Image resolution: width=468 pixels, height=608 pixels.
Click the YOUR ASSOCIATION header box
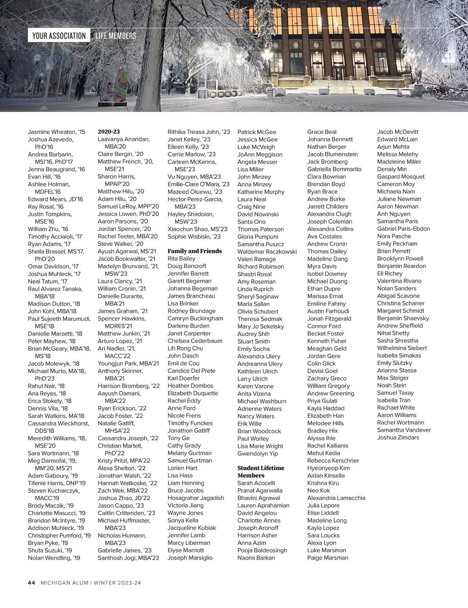59,36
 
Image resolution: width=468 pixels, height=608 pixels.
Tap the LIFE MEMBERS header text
116,36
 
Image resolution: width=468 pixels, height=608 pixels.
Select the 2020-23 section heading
108,132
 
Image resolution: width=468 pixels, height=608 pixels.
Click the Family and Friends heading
194,251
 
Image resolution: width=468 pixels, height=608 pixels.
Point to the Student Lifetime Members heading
261,471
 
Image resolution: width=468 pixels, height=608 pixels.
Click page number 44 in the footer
32,583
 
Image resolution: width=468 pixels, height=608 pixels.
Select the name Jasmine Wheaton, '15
56,132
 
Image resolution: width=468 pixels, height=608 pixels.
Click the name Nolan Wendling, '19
54,558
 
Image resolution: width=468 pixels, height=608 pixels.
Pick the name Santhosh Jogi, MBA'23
128,558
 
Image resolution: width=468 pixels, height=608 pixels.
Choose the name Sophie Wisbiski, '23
194,236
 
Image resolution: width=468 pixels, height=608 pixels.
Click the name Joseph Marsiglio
190,558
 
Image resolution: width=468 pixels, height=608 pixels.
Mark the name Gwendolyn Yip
257,453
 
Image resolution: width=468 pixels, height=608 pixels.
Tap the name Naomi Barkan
256,558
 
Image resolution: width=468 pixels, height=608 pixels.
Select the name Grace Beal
322,132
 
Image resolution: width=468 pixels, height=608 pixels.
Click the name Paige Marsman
328,558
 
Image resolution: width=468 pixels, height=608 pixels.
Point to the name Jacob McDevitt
397,132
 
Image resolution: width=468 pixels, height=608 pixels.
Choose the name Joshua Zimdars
398,437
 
